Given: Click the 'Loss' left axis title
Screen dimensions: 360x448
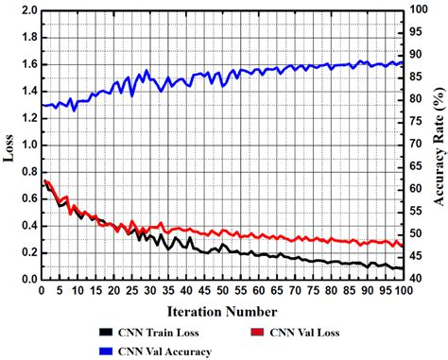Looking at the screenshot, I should [9, 146].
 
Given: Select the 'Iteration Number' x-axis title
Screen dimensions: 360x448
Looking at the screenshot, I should [222, 311].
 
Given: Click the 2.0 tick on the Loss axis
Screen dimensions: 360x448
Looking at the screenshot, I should [26, 11].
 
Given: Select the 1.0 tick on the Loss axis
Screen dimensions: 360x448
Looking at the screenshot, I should [26, 146].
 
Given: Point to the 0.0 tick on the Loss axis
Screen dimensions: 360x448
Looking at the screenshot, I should [26, 280].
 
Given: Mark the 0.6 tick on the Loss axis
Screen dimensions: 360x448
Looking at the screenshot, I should [26, 199].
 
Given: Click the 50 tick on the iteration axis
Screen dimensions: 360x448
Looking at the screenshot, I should [222, 291].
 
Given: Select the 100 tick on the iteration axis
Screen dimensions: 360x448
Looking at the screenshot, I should [404, 291].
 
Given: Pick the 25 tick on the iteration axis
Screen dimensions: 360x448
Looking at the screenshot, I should [131, 291].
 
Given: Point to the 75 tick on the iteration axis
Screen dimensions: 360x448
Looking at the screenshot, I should [313, 291].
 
